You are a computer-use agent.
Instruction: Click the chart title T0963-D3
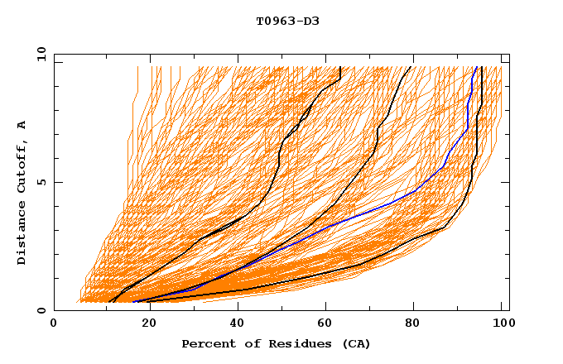(x=287, y=21)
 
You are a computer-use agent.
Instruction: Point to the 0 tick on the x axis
(x=54, y=326)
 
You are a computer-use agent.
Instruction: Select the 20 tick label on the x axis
(x=144, y=326)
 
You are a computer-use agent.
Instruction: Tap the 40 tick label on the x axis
(x=233, y=326)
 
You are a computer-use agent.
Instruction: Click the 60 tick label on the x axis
(x=323, y=326)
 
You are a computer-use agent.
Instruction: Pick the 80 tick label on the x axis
(x=412, y=326)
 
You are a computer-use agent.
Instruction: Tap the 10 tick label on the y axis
(x=39, y=53)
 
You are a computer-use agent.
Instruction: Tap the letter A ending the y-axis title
(x=22, y=125)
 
